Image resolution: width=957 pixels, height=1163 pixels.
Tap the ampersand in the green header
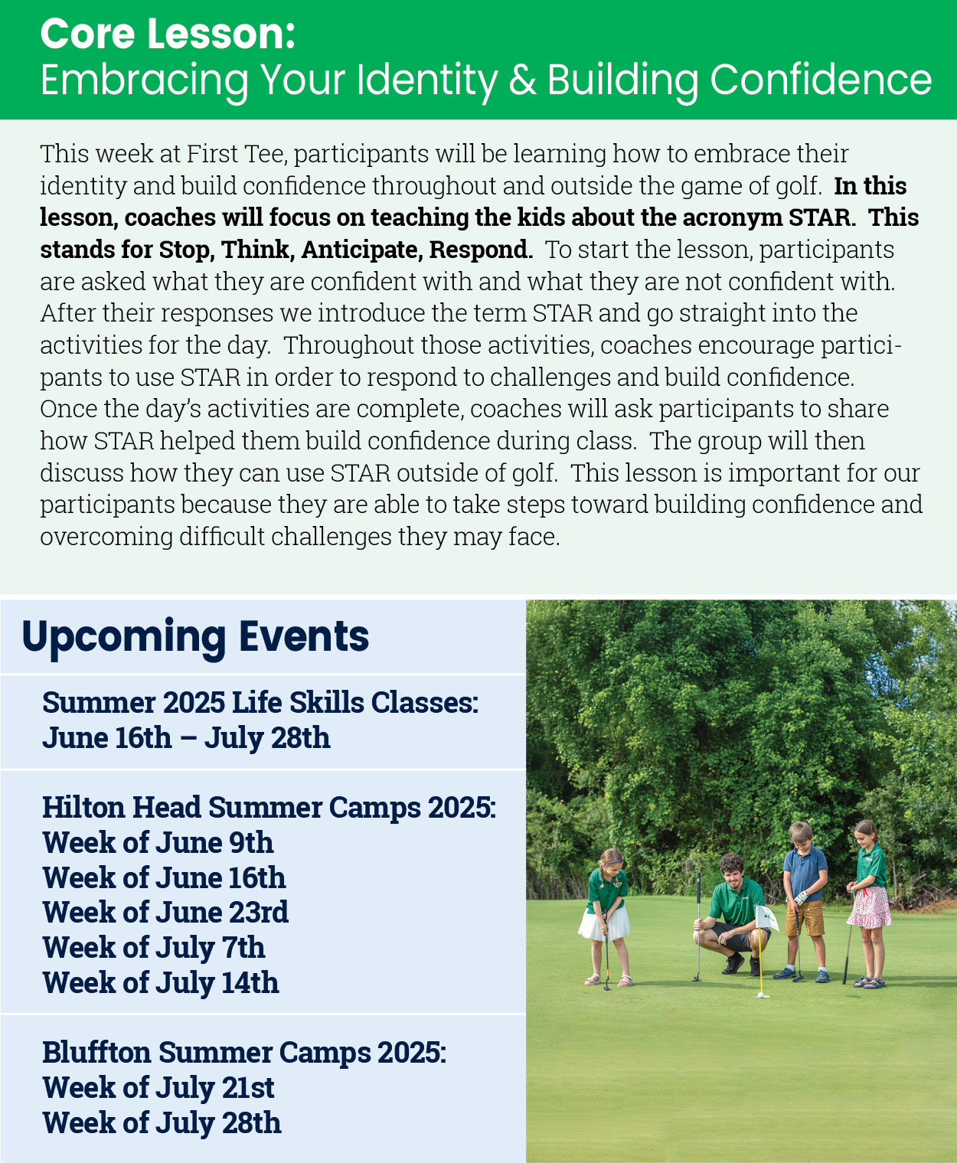pyautogui.click(x=522, y=80)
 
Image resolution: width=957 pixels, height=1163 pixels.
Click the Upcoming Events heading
pyautogui.click(x=195, y=638)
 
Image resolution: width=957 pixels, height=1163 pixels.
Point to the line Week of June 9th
pyautogui.click(x=158, y=843)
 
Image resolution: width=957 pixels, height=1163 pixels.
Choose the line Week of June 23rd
pyautogui.click(x=165, y=913)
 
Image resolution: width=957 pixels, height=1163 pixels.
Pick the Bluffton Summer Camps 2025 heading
pyautogui.click(x=244, y=1053)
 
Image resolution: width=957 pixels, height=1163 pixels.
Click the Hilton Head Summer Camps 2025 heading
pyautogui.click(x=269, y=808)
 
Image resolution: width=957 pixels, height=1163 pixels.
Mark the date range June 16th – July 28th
pyautogui.click(x=187, y=738)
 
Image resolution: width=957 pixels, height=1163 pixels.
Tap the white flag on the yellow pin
pyautogui.click(x=766, y=918)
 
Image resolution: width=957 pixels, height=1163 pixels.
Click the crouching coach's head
pyautogui.click(x=732, y=871)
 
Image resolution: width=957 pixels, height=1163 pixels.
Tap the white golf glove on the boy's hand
pyautogui.click(x=800, y=897)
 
